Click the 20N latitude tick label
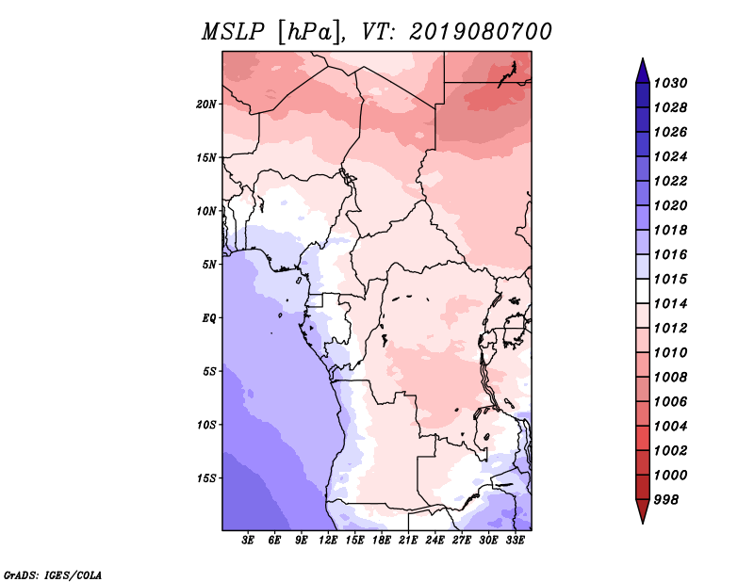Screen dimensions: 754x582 [x=206, y=105]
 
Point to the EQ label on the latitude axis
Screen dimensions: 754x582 [x=208, y=318]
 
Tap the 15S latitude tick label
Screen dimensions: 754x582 [x=206, y=478]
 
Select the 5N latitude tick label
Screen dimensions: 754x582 [x=208, y=265]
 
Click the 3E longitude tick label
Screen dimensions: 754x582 [x=248, y=541]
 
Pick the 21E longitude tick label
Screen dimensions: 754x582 [x=408, y=541]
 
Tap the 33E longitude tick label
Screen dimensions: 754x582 [x=515, y=541]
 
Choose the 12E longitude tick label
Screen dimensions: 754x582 [x=328, y=541]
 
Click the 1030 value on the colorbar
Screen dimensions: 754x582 [x=670, y=83]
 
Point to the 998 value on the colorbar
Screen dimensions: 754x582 [x=666, y=500]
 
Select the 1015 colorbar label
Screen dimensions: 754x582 [x=670, y=279]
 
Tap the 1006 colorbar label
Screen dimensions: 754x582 [x=670, y=402]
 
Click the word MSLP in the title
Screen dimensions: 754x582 [x=233, y=32]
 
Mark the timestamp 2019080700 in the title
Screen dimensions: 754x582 [x=481, y=32]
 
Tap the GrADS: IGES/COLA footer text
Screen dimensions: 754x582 [x=53, y=574]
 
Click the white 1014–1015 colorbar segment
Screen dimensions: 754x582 [x=643, y=291]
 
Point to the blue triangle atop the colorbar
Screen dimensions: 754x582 [x=643, y=71]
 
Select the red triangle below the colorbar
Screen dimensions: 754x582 [x=643, y=511]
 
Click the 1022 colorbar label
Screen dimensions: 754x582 [x=670, y=181]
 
